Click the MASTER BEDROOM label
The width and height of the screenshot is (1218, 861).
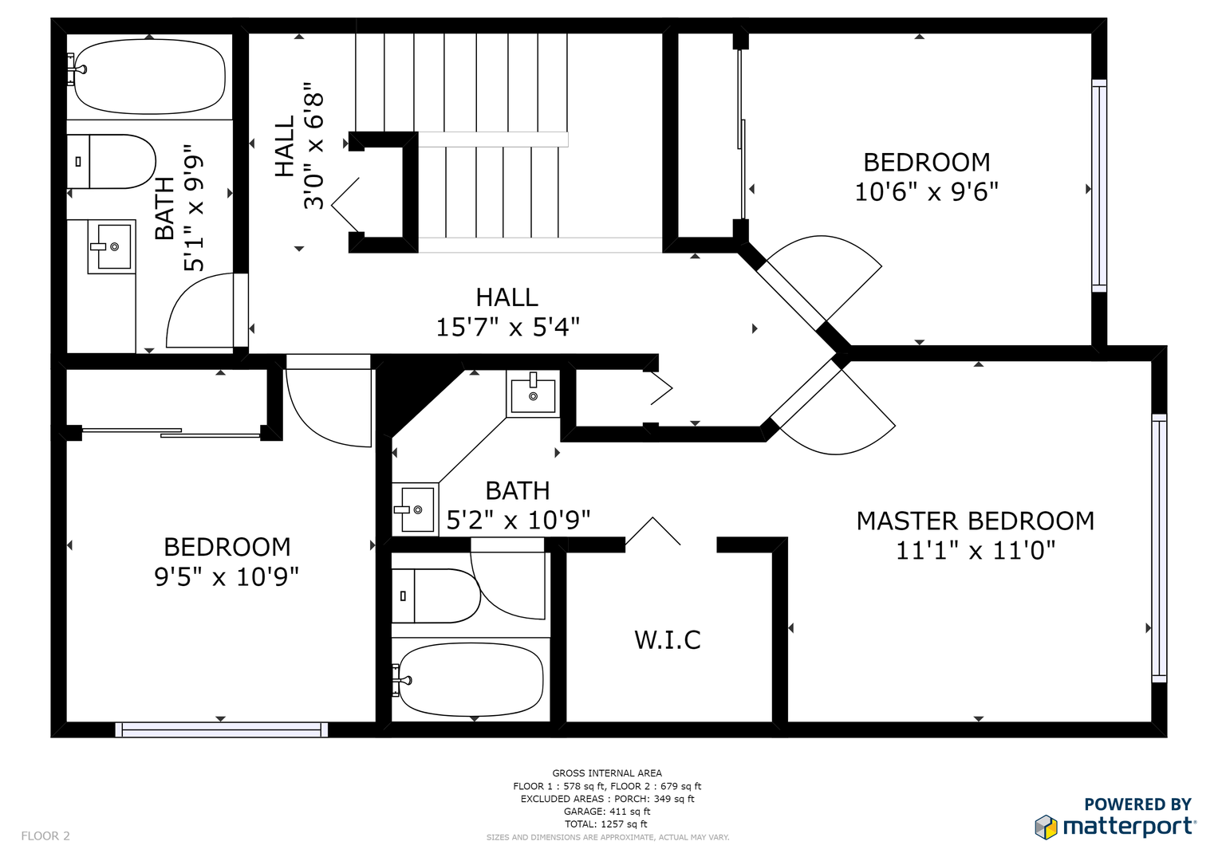975,521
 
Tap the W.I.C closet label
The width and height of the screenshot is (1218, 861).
667,639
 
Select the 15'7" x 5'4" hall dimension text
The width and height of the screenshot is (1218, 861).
508,327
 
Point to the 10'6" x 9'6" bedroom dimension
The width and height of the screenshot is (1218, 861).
927,191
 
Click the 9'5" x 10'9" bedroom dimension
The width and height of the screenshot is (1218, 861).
227,576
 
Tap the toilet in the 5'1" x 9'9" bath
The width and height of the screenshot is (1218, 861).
112,161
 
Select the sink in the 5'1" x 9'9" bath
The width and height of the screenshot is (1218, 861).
112,247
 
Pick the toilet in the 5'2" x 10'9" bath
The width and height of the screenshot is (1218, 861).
436,596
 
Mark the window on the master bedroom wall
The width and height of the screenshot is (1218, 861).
1159,548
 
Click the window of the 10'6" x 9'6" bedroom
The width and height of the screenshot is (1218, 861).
1099,186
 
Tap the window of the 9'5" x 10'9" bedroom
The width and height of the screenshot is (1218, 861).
221,729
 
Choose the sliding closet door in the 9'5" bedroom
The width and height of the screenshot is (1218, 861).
171,433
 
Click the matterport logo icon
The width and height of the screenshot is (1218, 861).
1046,828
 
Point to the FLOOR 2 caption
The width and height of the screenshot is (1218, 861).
45,836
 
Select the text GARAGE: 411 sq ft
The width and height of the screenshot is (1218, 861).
607,812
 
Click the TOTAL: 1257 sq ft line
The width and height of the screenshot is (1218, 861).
605,824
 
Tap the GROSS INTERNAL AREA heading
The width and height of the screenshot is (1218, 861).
607,773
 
